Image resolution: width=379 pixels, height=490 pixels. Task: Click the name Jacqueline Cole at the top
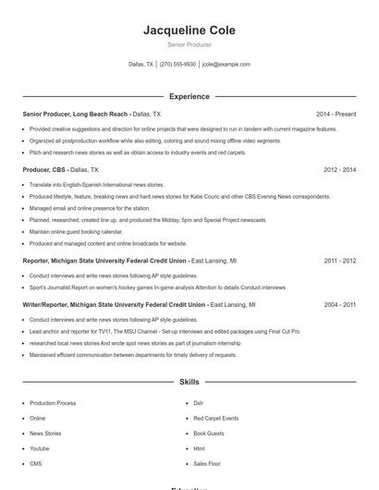(x=189, y=31)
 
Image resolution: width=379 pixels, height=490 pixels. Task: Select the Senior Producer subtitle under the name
(x=189, y=44)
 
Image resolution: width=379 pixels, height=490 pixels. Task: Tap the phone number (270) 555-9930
(x=177, y=65)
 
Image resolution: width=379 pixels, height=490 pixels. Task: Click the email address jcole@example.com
(x=226, y=65)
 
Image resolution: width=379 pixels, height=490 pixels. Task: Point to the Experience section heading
(x=189, y=96)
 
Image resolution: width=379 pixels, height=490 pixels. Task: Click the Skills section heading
(x=189, y=381)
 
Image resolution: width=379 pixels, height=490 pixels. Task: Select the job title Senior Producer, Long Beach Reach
(x=76, y=114)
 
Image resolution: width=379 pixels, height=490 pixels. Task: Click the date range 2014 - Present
(x=336, y=114)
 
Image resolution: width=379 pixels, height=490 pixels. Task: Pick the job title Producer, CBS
(x=44, y=170)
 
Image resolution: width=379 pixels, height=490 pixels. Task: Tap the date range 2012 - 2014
(x=339, y=170)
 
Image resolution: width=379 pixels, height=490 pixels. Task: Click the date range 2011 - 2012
(x=339, y=261)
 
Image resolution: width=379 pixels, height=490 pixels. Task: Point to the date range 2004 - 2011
(x=339, y=304)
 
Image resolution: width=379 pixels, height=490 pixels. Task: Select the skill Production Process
(x=53, y=403)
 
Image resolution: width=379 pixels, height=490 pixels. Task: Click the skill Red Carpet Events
(x=215, y=418)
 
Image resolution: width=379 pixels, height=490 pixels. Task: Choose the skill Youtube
(x=41, y=447)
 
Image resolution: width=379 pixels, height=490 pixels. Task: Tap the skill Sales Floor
(x=206, y=463)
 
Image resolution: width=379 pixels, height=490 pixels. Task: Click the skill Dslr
(x=198, y=403)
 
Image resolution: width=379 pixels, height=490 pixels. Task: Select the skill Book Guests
(x=208, y=433)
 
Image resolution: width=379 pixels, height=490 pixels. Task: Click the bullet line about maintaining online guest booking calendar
(x=76, y=231)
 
